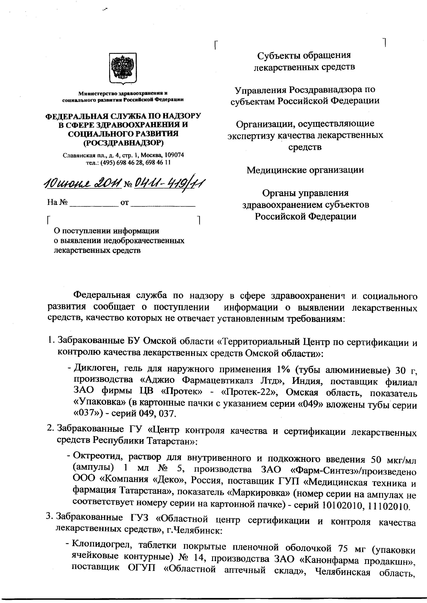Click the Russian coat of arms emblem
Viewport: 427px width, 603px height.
(123, 68)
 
